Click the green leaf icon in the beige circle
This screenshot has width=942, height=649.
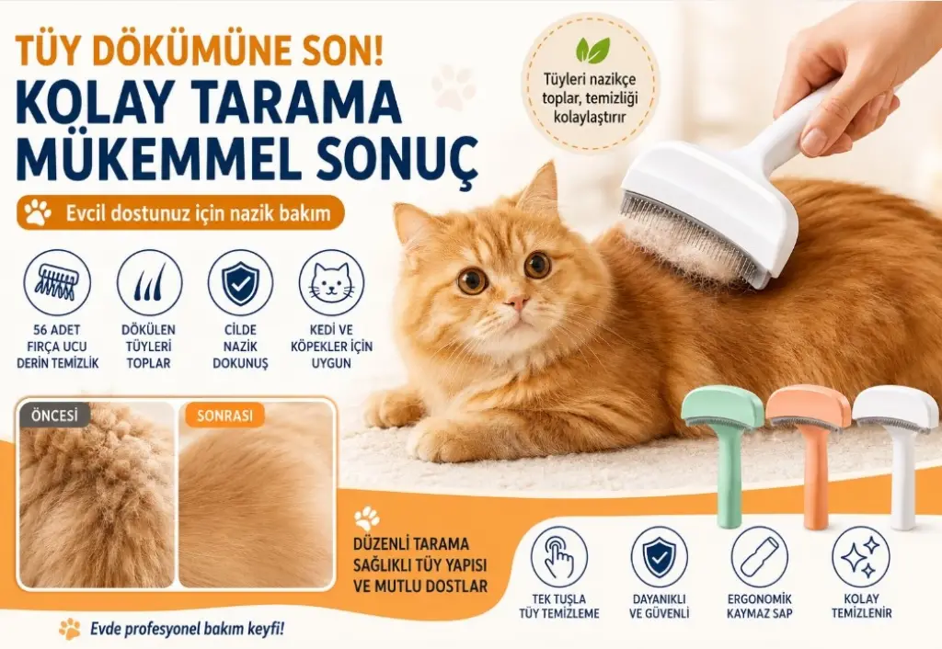(592, 51)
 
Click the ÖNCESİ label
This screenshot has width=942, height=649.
(54, 415)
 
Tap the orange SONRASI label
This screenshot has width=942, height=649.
(224, 416)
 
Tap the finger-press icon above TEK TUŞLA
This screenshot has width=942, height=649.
(559, 556)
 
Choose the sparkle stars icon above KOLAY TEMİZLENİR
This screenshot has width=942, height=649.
(861, 556)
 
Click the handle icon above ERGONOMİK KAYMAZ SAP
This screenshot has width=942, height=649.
(759, 556)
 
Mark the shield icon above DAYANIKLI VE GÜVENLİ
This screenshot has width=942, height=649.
(659, 556)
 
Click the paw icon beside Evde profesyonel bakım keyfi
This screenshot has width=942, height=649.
(70, 628)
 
